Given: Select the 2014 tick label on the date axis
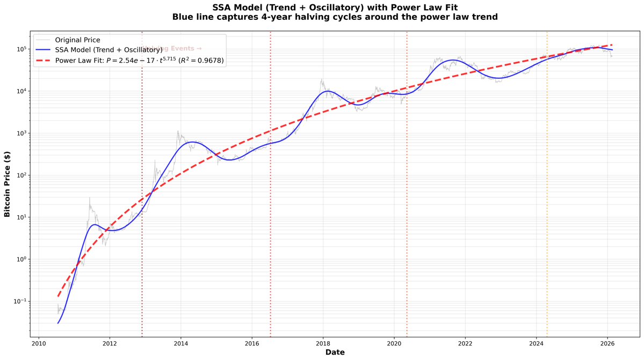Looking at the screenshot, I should point(181,343).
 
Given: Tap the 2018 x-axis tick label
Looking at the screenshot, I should point(323,343).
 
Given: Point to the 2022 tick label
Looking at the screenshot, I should point(465,343).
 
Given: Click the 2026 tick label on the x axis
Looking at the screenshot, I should point(607,343).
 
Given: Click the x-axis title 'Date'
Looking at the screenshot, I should point(335,352).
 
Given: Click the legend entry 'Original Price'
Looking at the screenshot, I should point(77,40).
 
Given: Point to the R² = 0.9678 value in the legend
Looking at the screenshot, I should point(201,60).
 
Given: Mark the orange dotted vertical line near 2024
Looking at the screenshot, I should point(547,188).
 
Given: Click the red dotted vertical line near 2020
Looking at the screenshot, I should point(407,188).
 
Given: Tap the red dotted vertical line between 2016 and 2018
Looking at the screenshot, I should point(270,188).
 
